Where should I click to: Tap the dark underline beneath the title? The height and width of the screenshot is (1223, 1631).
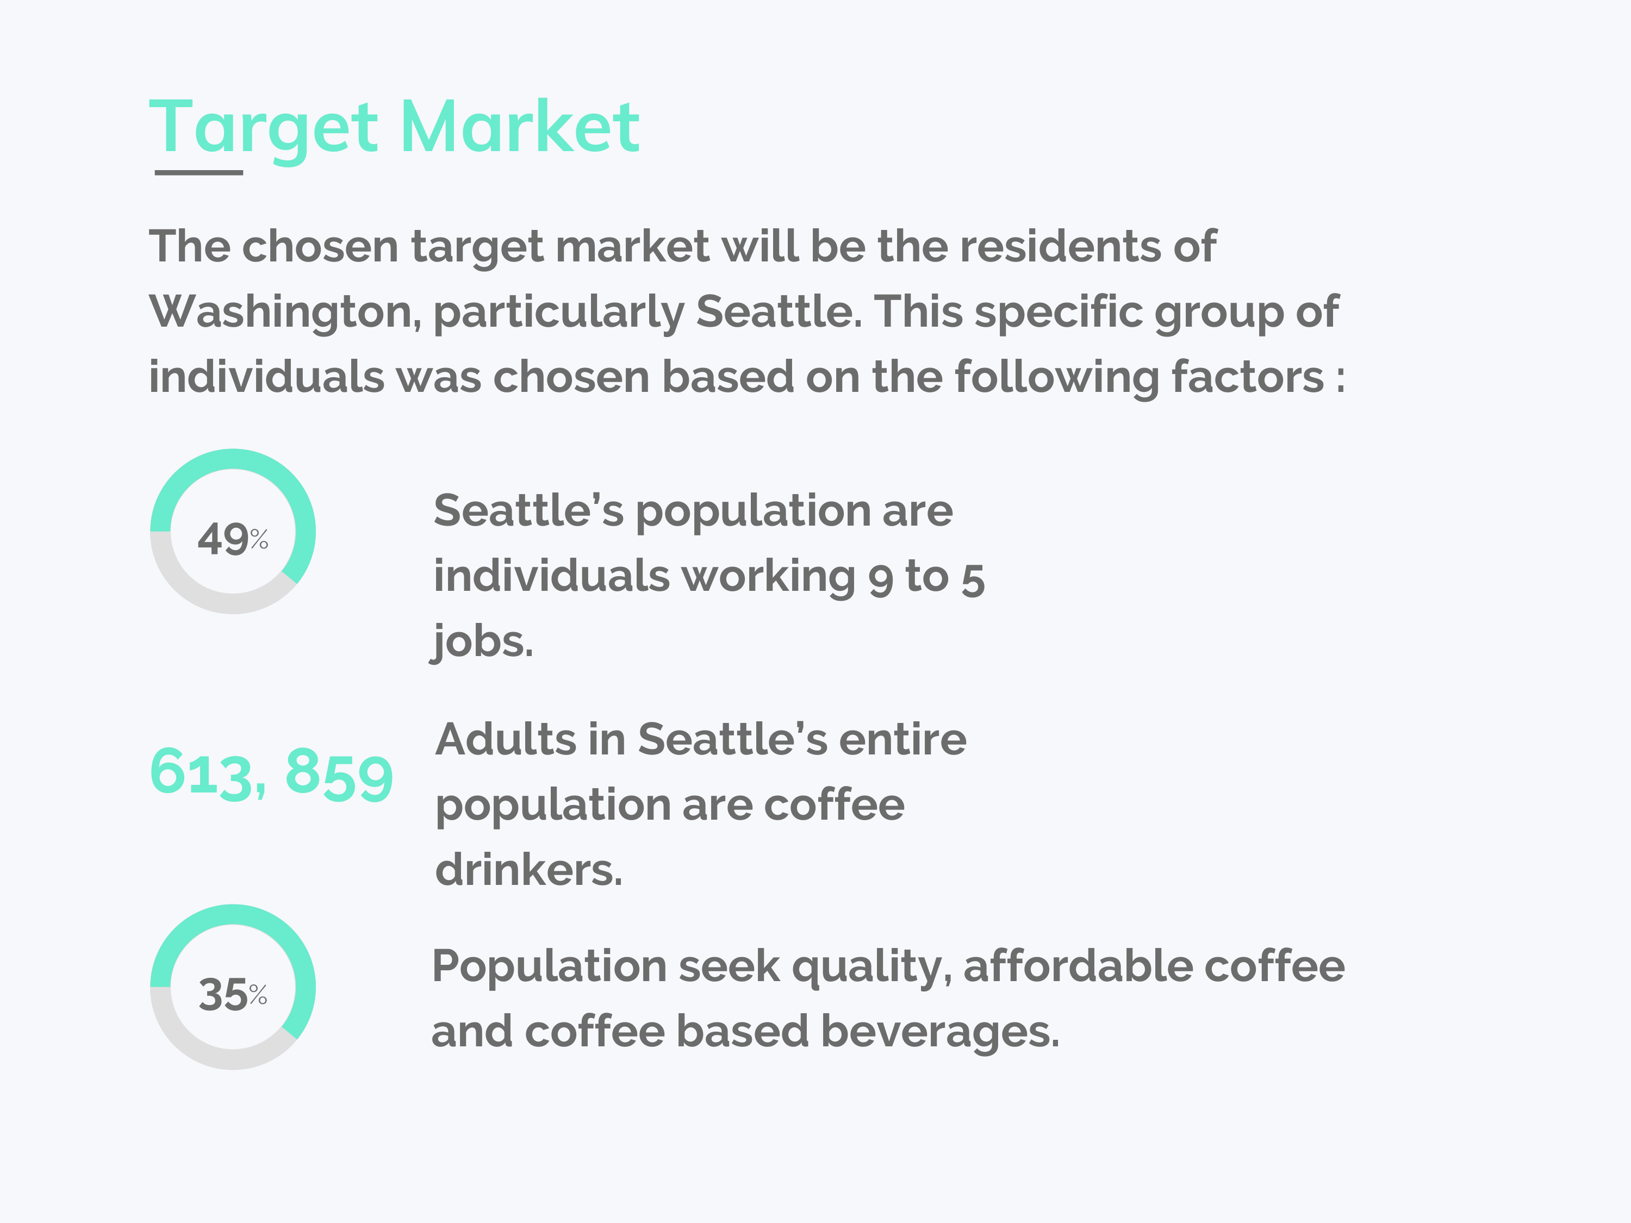(x=198, y=172)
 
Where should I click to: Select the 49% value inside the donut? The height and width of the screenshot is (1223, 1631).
(x=232, y=538)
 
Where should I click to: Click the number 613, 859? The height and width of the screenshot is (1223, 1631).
(x=271, y=773)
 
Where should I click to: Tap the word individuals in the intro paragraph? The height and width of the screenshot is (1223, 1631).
(x=266, y=377)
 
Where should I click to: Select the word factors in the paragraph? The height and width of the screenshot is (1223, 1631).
(x=1248, y=377)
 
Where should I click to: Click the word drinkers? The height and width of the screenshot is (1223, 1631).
(x=528, y=870)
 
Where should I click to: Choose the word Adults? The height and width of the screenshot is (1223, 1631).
(x=506, y=739)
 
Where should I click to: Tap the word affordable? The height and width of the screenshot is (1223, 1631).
(x=1078, y=966)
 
